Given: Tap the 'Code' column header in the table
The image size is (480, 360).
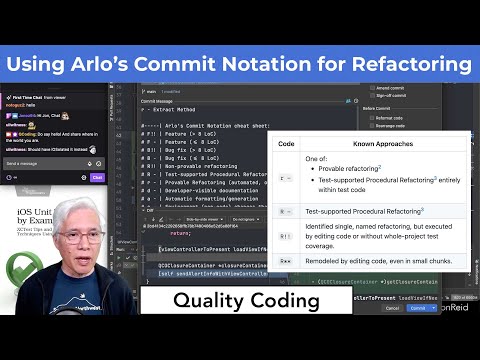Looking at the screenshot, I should click(x=286, y=144).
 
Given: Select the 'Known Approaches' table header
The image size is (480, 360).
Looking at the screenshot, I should click(x=383, y=144).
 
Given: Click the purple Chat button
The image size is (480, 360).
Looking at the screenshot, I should click(x=97, y=177).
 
